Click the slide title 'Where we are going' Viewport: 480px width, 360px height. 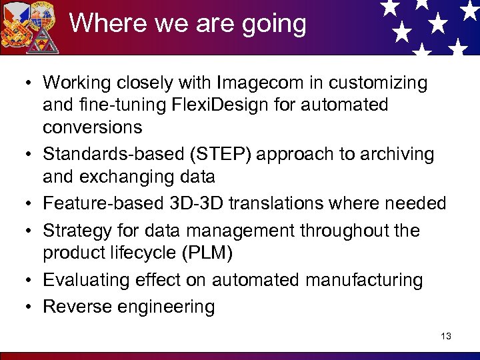click(187, 24)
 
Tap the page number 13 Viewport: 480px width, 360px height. click(446, 336)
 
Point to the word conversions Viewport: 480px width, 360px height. click(93, 127)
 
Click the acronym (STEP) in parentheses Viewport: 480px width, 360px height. click(223, 155)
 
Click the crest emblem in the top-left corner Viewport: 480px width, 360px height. click(29, 27)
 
